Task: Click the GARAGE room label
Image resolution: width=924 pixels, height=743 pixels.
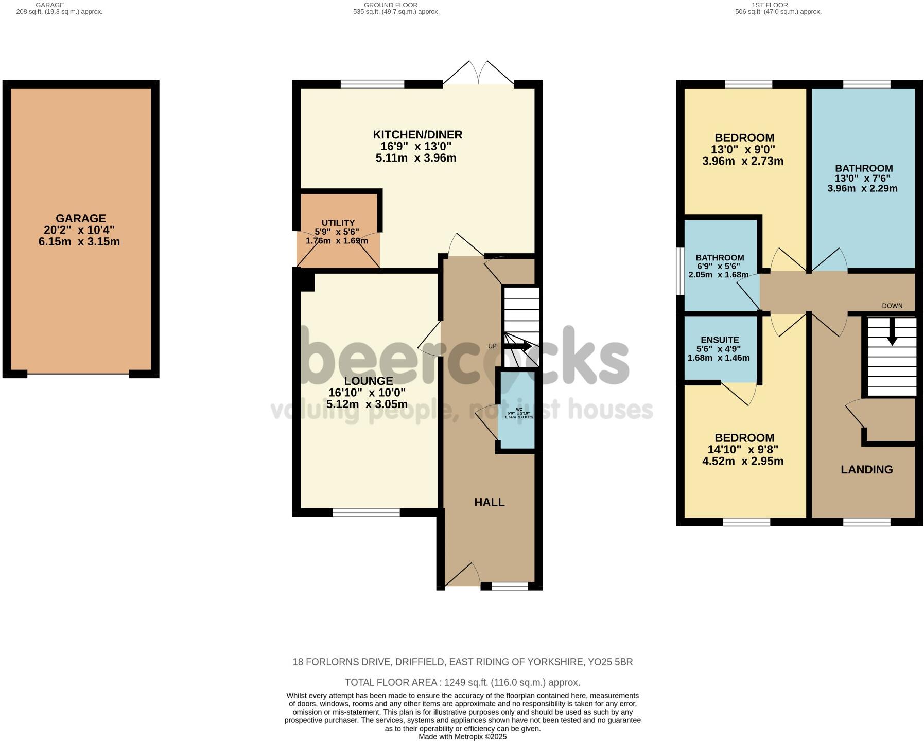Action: [81, 218]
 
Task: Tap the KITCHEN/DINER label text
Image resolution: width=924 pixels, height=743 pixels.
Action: [417, 135]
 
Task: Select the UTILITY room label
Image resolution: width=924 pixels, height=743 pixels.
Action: [338, 223]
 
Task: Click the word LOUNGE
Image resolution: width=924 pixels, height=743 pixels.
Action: [368, 381]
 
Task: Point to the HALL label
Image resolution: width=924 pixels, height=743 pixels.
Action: [489, 503]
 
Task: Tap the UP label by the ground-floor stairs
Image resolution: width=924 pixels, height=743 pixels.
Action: [492, 346]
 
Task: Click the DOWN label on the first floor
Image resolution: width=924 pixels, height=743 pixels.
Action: [892, 306]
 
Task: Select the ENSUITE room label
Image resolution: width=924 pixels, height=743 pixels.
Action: [720, 340]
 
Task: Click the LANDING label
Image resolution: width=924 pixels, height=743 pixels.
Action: [866, 469]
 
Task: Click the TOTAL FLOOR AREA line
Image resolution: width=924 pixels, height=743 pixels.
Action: [462, 683]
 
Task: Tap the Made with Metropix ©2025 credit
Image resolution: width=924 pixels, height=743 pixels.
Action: [462, 737]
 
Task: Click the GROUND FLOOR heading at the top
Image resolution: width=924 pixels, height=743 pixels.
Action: [391, 5]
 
